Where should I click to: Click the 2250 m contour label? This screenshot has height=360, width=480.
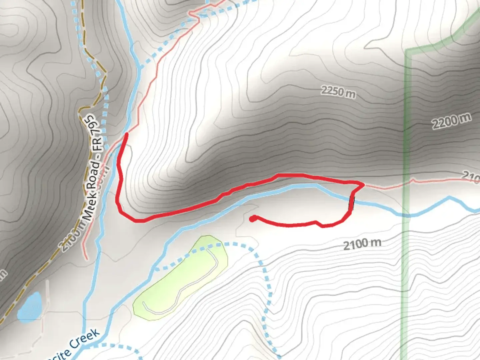click(x=338, y=92)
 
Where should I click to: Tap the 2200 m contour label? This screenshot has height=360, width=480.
click(x=452, y=121)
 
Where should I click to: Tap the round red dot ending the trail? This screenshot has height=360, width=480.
click(x=253, y=219)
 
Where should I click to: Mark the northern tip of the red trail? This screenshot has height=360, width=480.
click(x=126, y=134)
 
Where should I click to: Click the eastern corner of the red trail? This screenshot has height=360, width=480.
click(x=362, y=184)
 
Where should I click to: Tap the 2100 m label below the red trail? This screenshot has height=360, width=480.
click(x=362, y=244)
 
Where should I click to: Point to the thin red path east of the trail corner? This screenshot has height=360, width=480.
click(x=387, y=187)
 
